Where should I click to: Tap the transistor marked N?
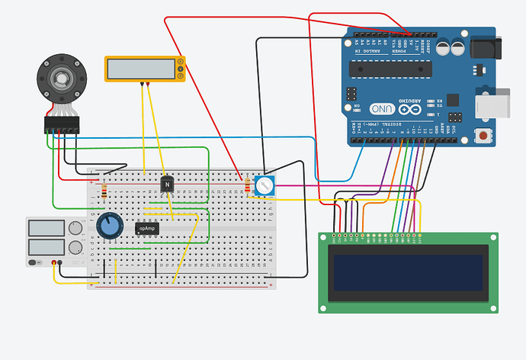click(167, 184)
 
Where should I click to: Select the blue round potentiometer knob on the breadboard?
click(110, 225)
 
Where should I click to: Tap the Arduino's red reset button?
click(482, 136)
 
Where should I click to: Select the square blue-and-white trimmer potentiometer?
click(264, 185)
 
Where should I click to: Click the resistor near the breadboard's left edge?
click(104, 191)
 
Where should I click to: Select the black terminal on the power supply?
click(61, 263)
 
